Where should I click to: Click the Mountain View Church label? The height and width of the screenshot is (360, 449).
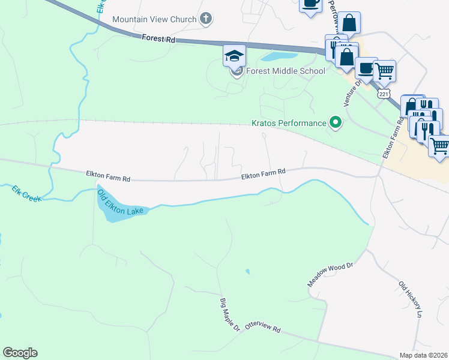[154, 19]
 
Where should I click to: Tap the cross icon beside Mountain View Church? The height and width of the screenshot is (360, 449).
[206, 19]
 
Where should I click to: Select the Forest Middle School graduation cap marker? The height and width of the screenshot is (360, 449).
[234, 57]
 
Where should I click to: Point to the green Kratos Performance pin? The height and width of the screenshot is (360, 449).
[336, 124]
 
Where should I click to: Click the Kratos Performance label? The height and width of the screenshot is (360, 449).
[288, 124]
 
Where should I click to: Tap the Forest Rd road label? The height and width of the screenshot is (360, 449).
[158, 38]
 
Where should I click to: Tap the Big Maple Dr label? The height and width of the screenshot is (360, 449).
[229, 315]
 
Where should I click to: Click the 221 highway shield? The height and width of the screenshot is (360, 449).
[382, 94]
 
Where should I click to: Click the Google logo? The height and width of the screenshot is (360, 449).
[20, 353]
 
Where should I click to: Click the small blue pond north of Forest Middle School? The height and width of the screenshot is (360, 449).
[275, 58]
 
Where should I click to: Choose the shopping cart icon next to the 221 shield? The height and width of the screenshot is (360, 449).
[384, 71]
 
